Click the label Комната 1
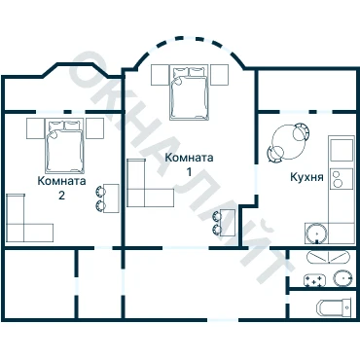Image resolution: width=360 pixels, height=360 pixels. point(189,164)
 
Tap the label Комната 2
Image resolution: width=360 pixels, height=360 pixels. point(61,188)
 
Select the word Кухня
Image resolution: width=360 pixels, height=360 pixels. point(306,177)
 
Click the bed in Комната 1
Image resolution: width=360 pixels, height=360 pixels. point(189,93)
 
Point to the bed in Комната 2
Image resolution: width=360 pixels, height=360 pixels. point(64,146)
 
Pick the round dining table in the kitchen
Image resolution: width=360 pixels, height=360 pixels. point(288,142)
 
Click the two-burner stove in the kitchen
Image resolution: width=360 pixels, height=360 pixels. point(342,179)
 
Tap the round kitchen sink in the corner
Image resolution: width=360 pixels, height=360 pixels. point(316,234)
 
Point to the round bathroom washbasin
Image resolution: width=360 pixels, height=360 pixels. point(342,278)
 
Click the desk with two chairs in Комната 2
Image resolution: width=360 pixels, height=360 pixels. point(107,198)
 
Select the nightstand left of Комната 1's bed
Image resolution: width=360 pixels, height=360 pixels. point(161,75)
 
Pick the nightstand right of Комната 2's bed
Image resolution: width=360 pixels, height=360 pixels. point(94,128)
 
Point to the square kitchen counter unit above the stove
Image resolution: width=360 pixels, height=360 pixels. point(342,150)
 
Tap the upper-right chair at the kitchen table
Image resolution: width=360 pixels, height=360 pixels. point(302,131)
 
